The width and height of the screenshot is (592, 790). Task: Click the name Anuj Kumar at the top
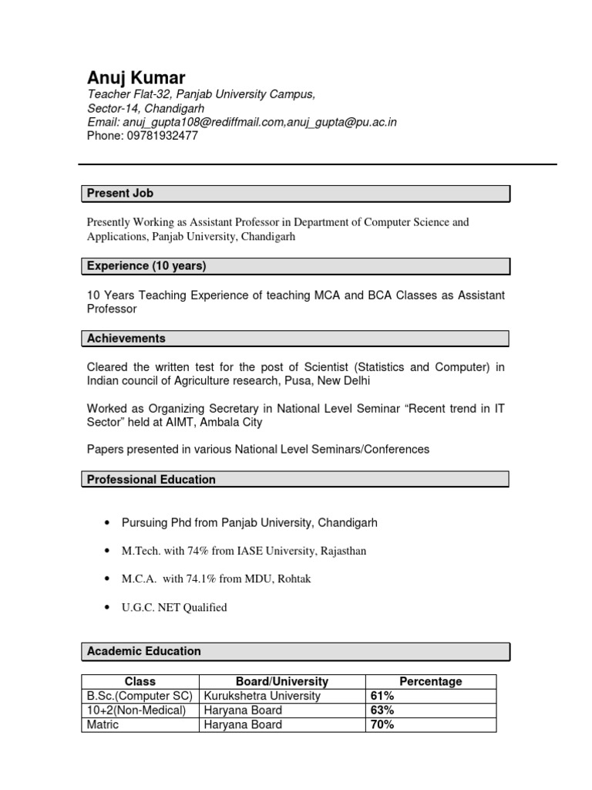[136, 77]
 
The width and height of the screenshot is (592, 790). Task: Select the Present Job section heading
[119, 194]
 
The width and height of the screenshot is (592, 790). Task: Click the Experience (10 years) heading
[146, 266]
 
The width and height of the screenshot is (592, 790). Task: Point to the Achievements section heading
[126, 339]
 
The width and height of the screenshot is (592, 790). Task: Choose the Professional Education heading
[151, 480]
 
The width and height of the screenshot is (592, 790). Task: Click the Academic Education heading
[143, 651]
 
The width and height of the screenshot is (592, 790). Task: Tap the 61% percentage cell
[383, 696]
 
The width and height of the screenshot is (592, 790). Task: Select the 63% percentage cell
[383, 711]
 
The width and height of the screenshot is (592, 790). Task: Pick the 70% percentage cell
[383, 725]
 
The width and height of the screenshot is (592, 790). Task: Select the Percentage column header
[430, 682]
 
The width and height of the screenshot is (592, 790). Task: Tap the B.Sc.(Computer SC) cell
[140, 696]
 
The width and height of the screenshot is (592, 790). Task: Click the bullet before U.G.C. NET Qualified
[106, 608]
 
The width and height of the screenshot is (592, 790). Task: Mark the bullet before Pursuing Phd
[106, 523]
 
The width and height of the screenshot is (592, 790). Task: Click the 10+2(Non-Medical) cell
[136, 711]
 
